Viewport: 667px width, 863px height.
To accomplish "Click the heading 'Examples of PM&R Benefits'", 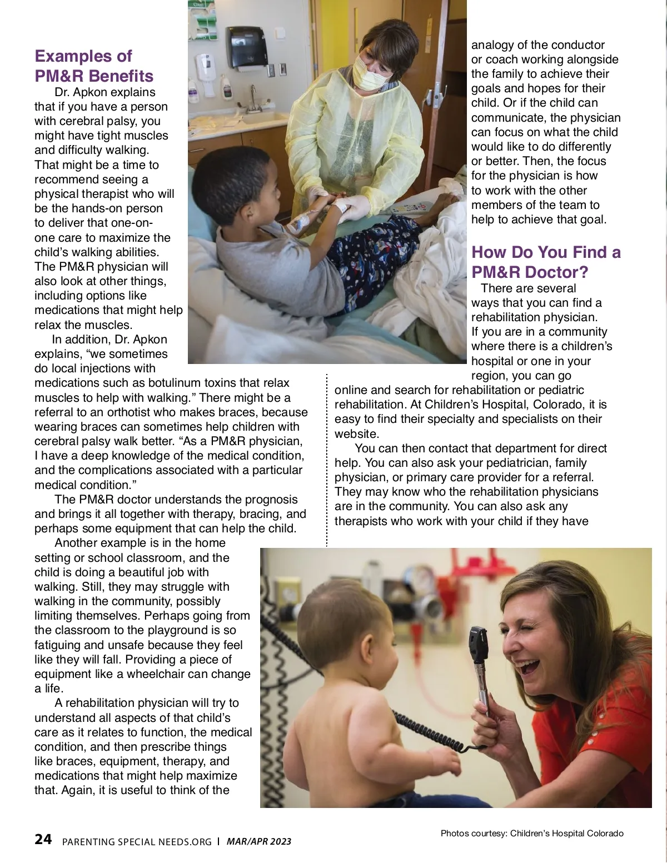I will tap(94, 66).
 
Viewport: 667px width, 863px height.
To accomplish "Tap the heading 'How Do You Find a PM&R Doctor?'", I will tap(546, 262).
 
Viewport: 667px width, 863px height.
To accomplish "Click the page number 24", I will tap(43, 839).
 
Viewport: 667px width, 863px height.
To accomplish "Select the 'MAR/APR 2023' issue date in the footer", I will tap(259, 841).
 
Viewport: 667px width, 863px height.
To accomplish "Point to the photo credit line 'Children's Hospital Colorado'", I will tap(566, 833).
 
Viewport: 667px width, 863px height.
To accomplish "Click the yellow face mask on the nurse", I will tap(369, 76).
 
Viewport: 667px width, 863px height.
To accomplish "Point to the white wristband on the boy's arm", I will tap(340, 207).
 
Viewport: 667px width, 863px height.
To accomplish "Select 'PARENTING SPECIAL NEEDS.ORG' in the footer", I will tap(137, 842).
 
